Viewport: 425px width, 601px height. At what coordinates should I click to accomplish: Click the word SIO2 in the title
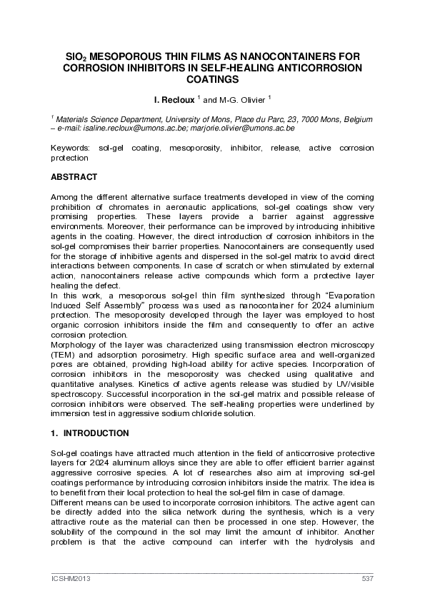[x=76, y=56]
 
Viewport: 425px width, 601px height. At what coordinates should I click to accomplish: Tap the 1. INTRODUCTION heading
[x=89, y=433]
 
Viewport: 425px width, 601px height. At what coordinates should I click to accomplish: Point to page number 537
[x=368, y=578]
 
